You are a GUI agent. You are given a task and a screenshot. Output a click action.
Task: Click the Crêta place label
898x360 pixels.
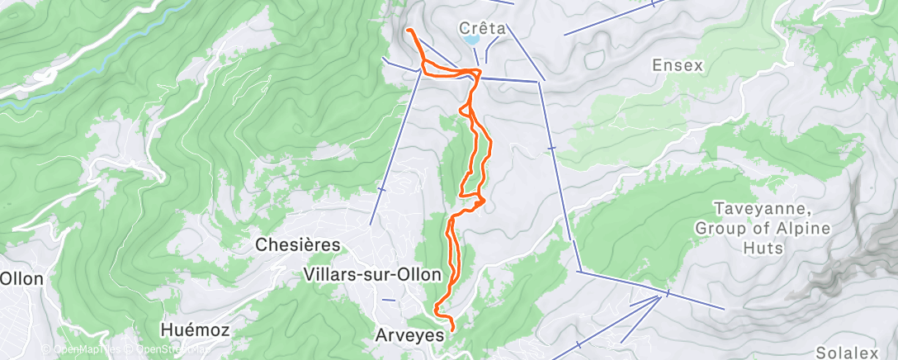[x=483, y=27]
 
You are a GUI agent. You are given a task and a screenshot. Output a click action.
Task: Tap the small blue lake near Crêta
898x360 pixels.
[x=471, y=39]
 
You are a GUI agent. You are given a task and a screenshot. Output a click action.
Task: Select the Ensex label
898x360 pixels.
[x=677, y=65]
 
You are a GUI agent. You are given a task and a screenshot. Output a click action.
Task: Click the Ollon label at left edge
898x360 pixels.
[x=21, y=279]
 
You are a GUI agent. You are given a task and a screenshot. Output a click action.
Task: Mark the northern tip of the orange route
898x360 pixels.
[x=409, y=31]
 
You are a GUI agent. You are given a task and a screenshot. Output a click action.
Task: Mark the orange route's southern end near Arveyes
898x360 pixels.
[x=453, y=332]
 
